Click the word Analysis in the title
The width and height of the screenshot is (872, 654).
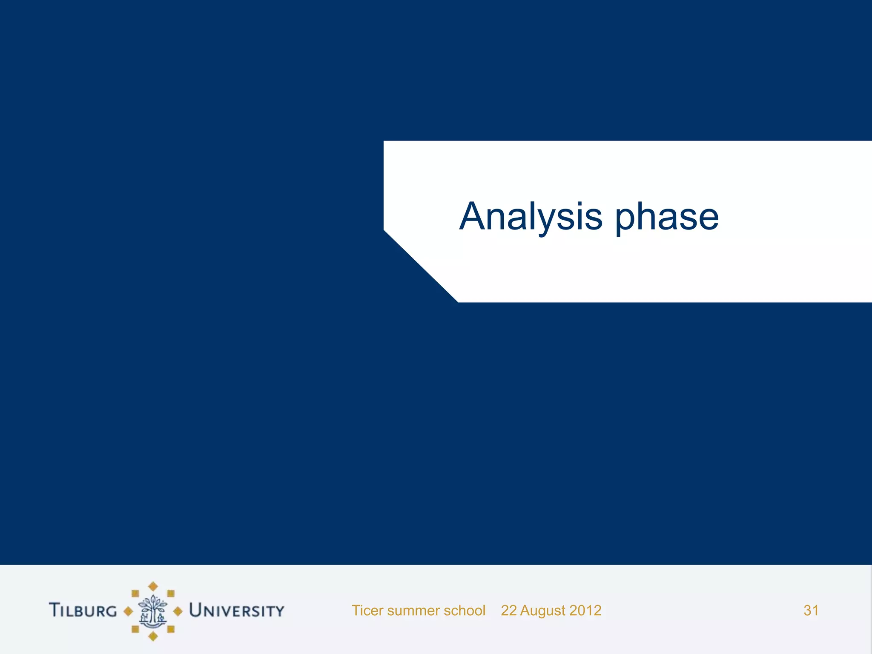tap(531, 217)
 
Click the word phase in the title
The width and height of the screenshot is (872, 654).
tap(667, 217)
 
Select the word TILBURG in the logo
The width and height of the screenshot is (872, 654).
tap(83, 610)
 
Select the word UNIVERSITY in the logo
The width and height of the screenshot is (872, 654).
tap(237, 610)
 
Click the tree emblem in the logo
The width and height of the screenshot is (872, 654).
tap(153, 611)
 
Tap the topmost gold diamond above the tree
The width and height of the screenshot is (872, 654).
tap(153, 586)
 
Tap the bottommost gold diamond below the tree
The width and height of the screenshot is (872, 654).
tap(153, 636)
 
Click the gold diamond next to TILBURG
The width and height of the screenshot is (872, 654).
tap(128, 611)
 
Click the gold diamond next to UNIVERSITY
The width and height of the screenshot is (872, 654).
tap(178, 611)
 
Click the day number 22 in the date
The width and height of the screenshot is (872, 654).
tap(509, 611)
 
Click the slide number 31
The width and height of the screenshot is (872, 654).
tap(811, 611)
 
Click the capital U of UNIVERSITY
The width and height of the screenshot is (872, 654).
tap(195, 610)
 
